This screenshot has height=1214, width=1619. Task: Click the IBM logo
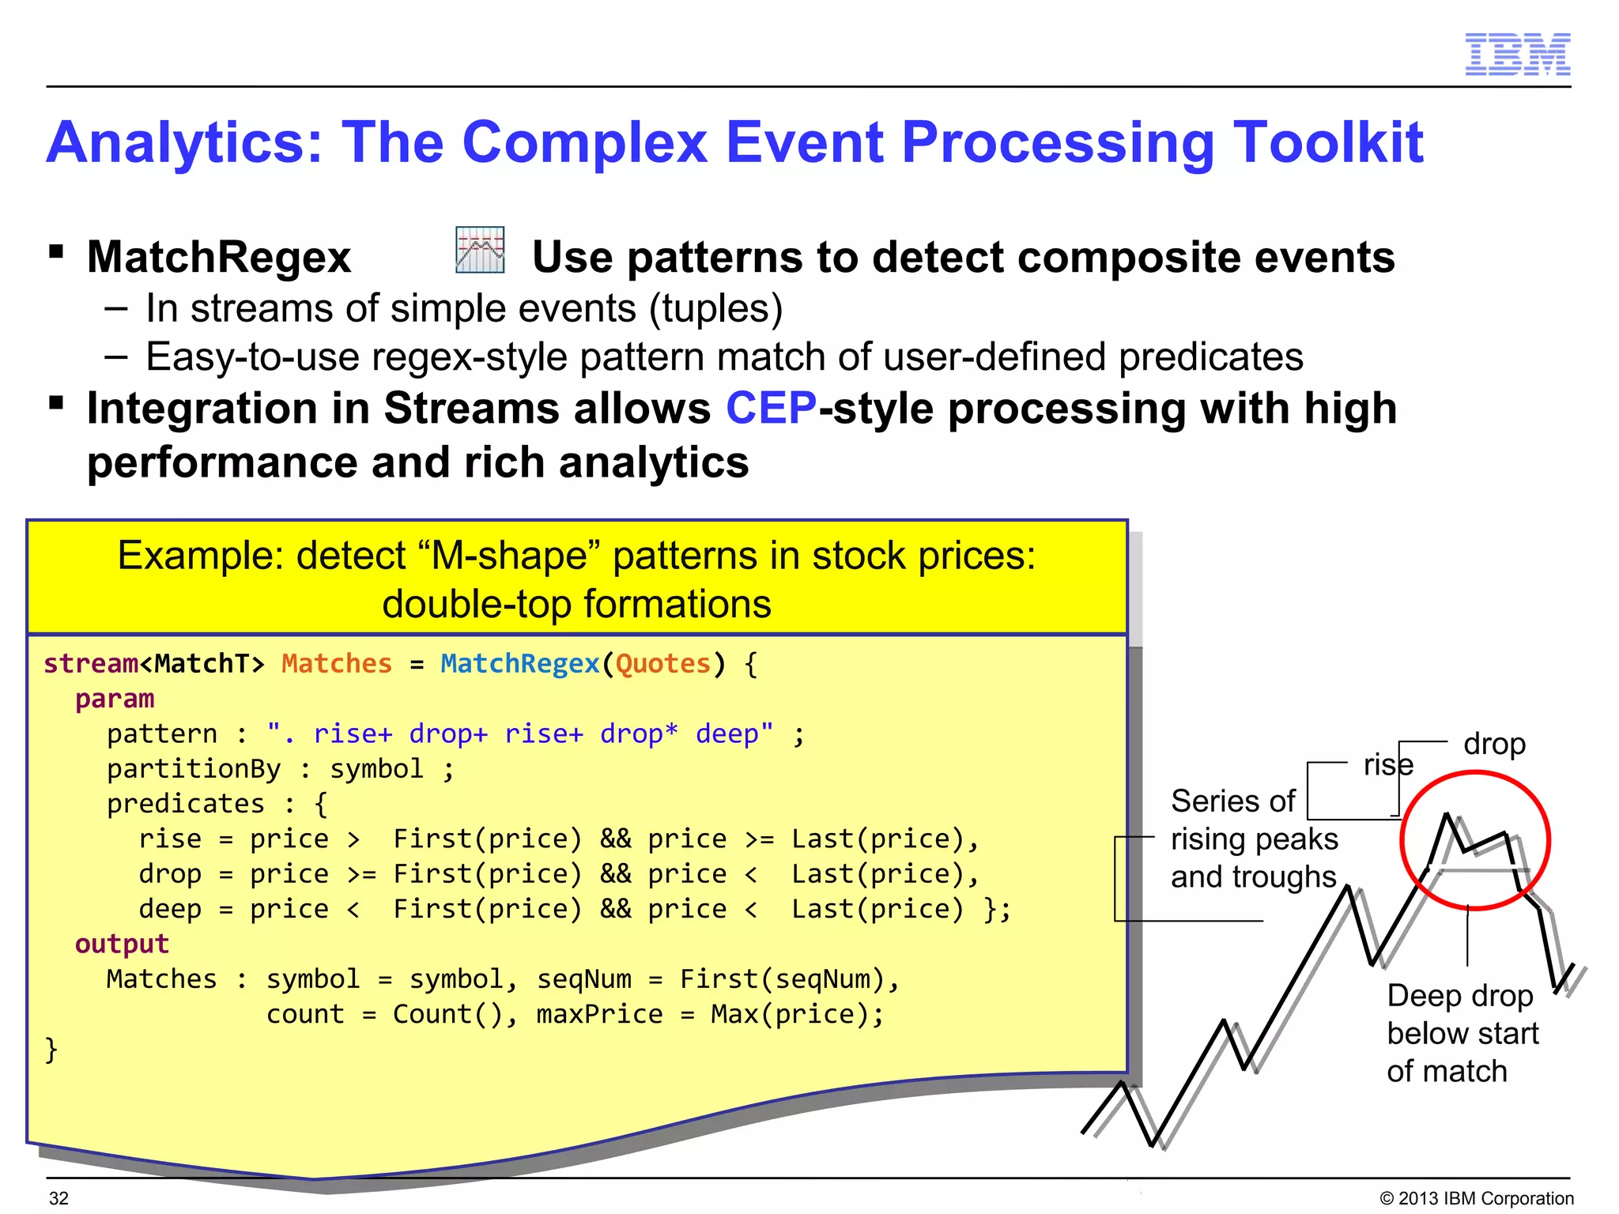pyautogui.click(x=1517, y=55)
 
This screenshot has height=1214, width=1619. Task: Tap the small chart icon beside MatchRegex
pyautogui.click(x=480, y=251)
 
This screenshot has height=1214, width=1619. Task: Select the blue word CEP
pyautogui.click(x=771, y=409)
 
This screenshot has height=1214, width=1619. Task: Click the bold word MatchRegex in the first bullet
pyautogui.click(x=219, y=258)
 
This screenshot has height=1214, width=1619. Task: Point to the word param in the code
pyautogui.click(x=115, y=699)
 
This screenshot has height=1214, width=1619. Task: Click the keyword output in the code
pyautogui.click(x=122, y=944)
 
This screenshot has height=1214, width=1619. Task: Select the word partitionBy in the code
pyautogui.click(x=194, y=769)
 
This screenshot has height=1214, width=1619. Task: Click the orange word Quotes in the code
pyautogui.click(x=662, y=664)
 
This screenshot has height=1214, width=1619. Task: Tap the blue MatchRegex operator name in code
pyautogui.click(x=519, y=664)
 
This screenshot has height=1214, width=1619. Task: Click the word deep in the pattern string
pyautogui.click(x=726, y=734)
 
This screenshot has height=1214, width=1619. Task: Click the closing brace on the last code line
pyautogui.click(x=51, y=1050)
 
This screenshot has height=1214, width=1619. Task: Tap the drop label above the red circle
pyautogui.click(x=1494, y=745)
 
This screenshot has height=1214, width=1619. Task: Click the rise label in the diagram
pyautogui.click(x=1387, y=765)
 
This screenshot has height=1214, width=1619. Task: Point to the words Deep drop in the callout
pyautogui.click(x=1459, y=996)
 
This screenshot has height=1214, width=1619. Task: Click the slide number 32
pyautogui.click(x=58, y=1198)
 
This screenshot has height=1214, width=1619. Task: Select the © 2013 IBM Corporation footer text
pyautogui.click(x=1476, y=1198)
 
